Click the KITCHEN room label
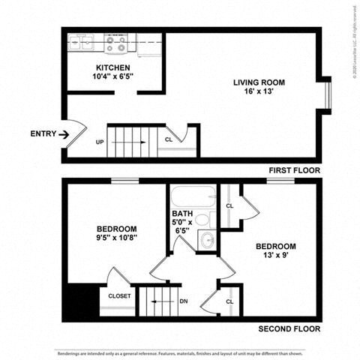112,67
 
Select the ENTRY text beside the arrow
43,134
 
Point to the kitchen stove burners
115,44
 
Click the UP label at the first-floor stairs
100,142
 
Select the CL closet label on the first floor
169,139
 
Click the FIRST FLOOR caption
294,170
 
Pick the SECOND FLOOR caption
289,328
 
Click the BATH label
182,213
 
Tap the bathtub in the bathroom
192,199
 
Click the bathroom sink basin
206,240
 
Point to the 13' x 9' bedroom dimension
275,256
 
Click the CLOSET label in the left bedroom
119,295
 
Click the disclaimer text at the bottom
180,352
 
